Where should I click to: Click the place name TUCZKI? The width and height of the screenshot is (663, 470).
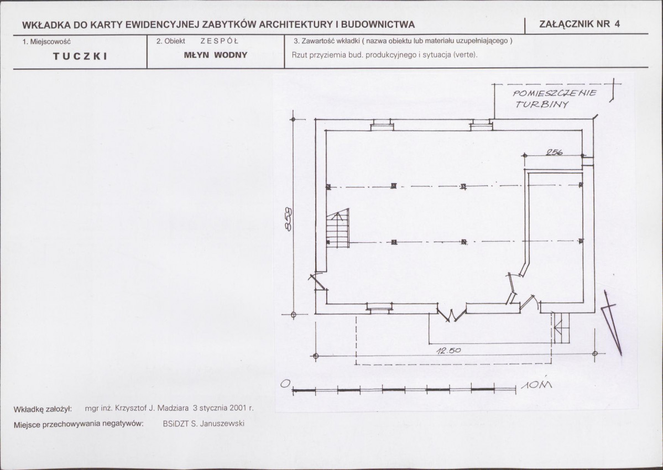(x=80, y=56)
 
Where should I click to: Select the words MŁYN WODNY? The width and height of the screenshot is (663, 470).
(x=216, y=55)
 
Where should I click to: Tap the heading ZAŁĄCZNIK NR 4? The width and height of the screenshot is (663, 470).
(x=580, y=24)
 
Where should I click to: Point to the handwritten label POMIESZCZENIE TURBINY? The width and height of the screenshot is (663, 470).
(x=554, y=98)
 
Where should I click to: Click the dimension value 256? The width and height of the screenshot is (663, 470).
(x=554, y=152)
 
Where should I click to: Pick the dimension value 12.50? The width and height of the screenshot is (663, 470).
(x=448, y=351)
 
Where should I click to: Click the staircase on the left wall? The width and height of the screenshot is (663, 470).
(x=338, y=228)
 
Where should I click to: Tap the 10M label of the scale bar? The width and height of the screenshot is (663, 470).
(x=536, y=385)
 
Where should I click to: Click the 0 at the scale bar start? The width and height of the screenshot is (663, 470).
(x=285, y=384)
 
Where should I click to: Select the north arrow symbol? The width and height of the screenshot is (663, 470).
(x=612, y=323)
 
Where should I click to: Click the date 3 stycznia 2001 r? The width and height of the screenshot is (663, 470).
(x=223, y=408)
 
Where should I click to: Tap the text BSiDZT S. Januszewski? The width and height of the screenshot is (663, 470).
(x=203, y=424)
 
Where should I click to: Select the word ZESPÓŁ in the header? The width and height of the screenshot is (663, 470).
(x=220, y=41)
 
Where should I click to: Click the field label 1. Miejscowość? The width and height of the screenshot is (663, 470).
(x=46, y=42)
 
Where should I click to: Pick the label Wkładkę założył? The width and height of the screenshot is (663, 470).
(x=43, y=409)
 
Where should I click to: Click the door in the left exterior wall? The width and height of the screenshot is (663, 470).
(x=317, y=283)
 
